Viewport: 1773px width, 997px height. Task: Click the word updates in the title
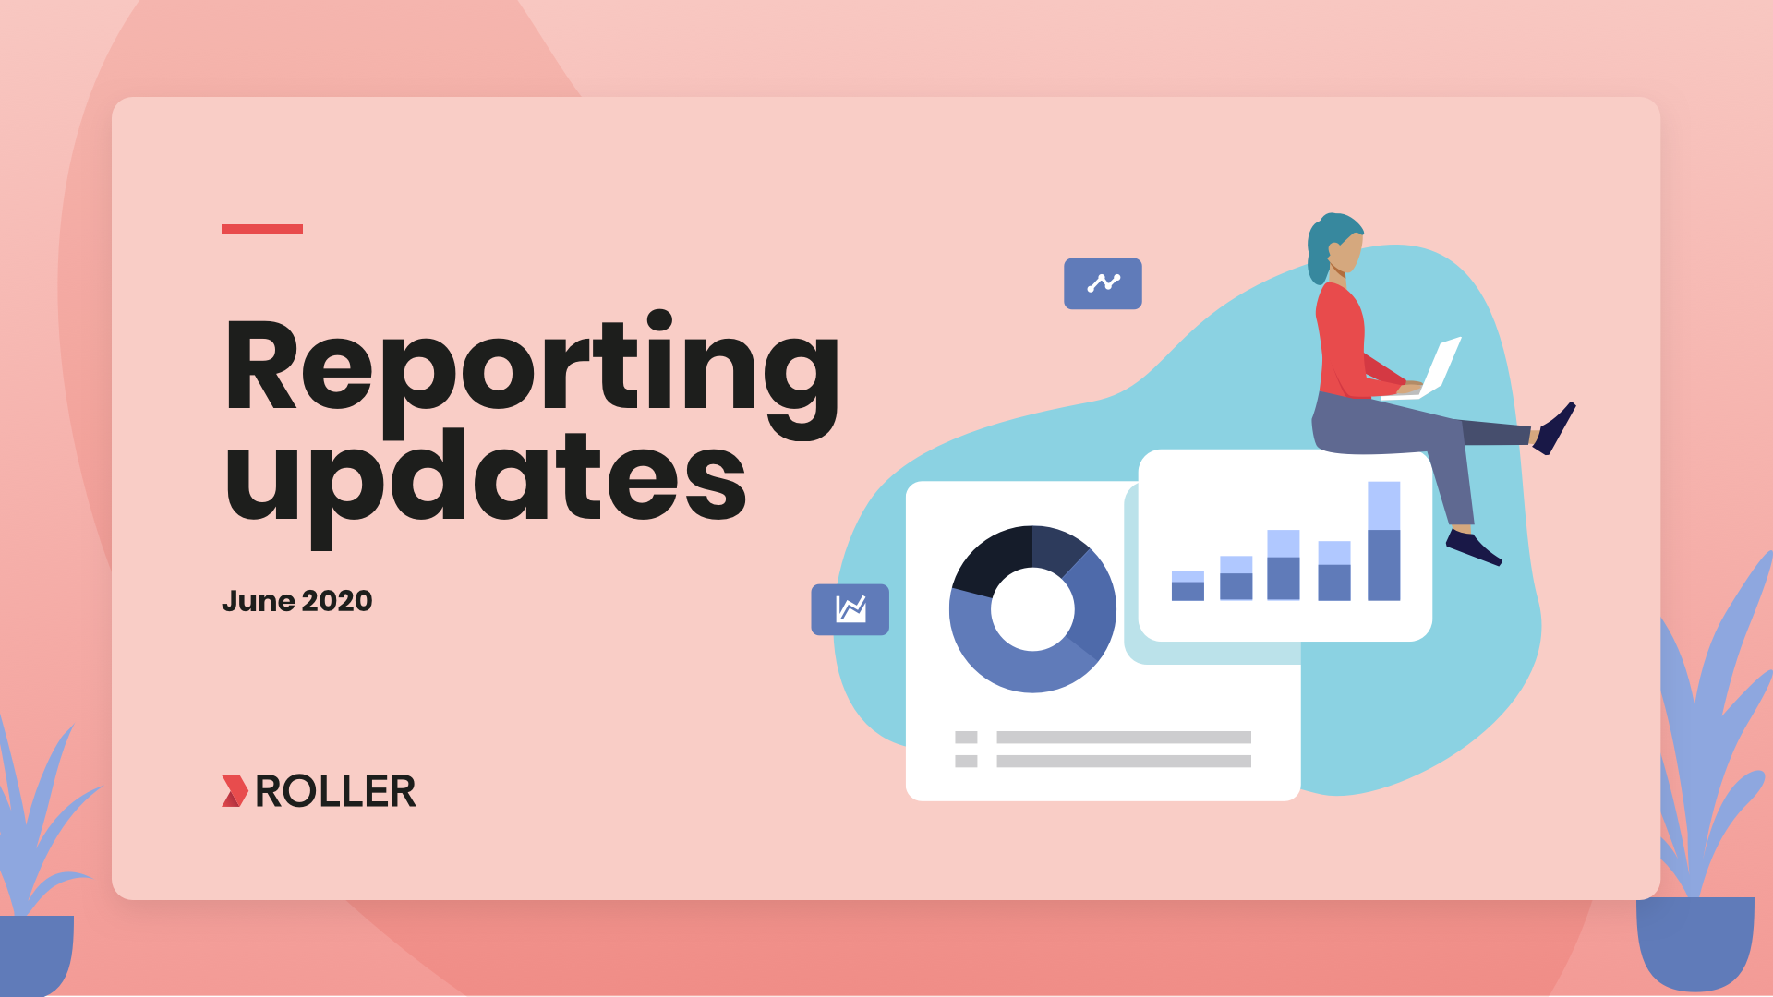tap(486, 486)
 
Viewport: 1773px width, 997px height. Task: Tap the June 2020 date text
tap(296, 601)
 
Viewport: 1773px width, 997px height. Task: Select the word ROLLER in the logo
tap(335, 791)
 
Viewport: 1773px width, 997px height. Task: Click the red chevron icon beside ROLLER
tap(235, 791)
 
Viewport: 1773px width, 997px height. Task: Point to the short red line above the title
tap(262, 229)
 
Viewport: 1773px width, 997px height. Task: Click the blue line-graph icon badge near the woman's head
tap(1103, 283)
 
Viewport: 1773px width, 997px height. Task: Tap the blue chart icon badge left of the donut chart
tap(850, 609)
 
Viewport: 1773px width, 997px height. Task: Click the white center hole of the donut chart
tap(1032, 609)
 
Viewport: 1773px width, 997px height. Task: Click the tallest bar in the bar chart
tap(1383, 541)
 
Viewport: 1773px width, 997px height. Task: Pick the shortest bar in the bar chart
tap(1188, 586)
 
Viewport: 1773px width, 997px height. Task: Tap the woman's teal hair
tap(1326, 242)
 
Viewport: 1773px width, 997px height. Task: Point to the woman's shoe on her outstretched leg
tap(1554, 428)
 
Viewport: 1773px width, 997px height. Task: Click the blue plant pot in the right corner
tap(1695, 943)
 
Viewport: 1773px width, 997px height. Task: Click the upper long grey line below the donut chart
tap(1124, 738)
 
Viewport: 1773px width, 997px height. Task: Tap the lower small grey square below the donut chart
tap(966, 762)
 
